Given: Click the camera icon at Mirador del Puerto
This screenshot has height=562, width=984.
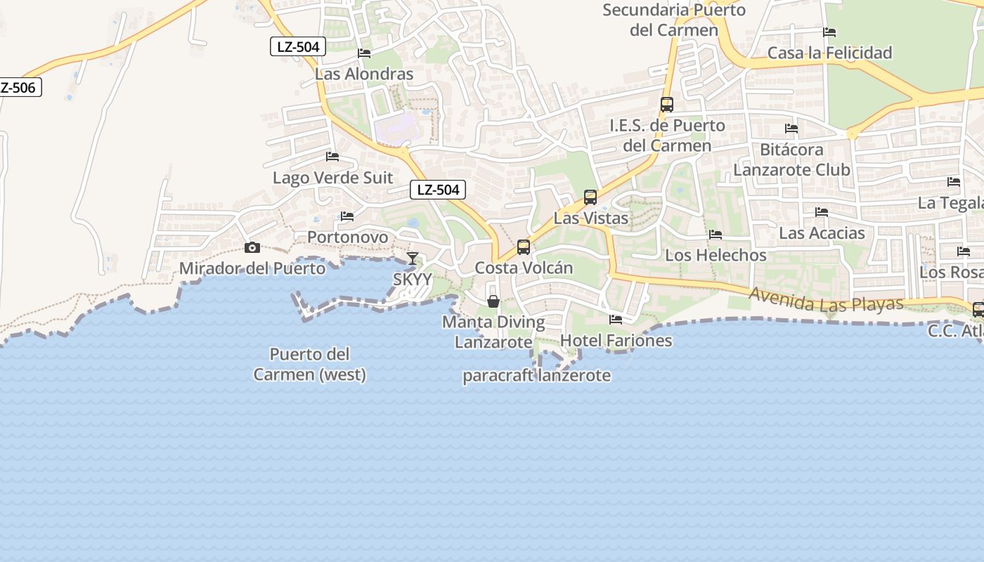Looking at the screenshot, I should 252,247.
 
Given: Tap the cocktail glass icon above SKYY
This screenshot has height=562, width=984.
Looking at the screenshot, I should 413,259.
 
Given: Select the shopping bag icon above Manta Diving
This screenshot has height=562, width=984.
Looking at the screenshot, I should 493,301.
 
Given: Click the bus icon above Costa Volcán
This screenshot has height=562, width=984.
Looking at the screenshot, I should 523,247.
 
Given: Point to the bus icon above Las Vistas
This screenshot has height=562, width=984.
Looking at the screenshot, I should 590,197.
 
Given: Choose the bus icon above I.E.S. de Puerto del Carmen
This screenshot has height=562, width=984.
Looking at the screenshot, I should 667,105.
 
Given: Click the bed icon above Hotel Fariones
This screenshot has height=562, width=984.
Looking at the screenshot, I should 616,320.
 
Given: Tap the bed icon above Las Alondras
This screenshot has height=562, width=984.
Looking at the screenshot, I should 364,53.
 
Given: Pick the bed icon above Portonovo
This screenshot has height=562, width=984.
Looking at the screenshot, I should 347,216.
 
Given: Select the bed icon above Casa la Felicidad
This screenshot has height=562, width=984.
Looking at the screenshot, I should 829,32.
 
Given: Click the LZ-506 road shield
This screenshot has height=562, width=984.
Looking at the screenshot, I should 18,88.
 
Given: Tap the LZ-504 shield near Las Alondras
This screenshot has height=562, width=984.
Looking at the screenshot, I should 299,47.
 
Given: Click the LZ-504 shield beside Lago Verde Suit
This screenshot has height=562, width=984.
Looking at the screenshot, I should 438,190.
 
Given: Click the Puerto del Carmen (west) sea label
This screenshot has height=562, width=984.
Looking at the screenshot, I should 310,364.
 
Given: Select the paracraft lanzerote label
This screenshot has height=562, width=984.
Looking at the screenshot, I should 536,376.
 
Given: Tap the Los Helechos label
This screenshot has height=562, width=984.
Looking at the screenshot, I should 716,255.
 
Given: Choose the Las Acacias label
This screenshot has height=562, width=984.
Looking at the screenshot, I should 822,233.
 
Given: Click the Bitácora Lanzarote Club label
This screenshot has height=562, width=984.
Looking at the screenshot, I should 791,159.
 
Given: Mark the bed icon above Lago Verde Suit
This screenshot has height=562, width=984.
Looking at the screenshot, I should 332,156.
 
